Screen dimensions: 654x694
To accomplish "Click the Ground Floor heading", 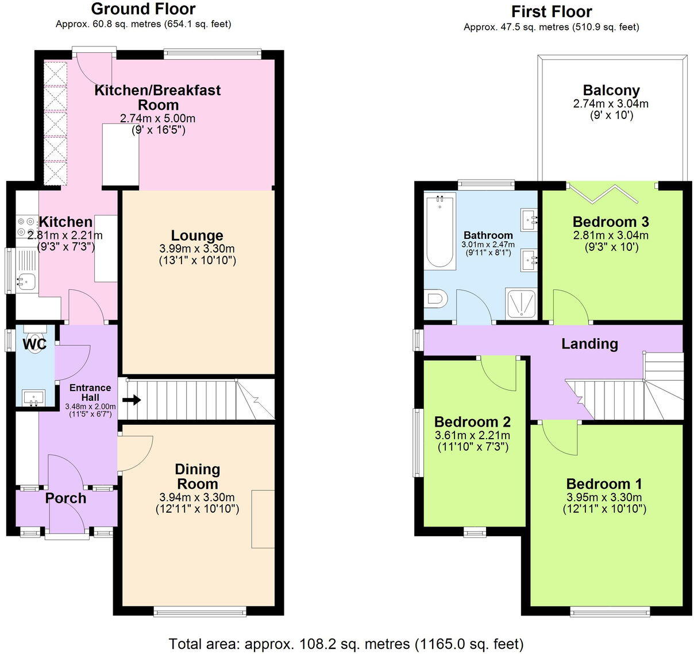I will (x=143, y=9).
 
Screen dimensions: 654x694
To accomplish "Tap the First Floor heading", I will (x=551, y=11).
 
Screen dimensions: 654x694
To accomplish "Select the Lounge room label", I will (x=197, y=235).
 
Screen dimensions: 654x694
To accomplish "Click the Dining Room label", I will (x=197, y=477).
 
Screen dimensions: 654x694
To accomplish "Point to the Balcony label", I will (x=611, y=90).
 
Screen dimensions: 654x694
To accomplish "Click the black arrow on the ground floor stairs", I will (x=132, y=400).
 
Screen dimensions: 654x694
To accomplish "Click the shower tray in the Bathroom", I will (x=522, y=303).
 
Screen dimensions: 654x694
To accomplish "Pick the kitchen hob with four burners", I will (x=26, y=226).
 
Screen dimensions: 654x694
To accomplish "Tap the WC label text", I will (x=34, y=344).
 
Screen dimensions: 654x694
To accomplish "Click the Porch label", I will (x=65, y=498).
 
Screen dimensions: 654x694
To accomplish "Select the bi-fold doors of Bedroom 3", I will (x=602, y=193).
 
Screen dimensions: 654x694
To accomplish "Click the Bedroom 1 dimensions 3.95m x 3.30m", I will (x=604, y=497).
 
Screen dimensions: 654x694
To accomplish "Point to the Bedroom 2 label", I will (x=472, y=422).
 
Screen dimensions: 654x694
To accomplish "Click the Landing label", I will (x=589, y=343).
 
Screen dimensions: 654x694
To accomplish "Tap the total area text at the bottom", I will (x=346, y=644).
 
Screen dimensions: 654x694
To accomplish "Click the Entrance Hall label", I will (x=90, y=392).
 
